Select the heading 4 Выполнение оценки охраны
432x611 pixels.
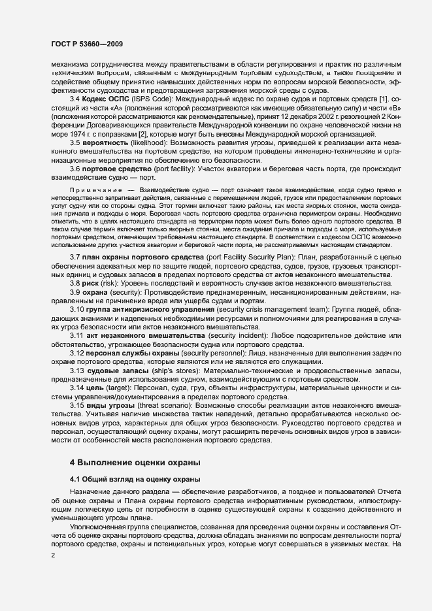coord(134,480)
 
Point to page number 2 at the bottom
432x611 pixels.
coord(53,555)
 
